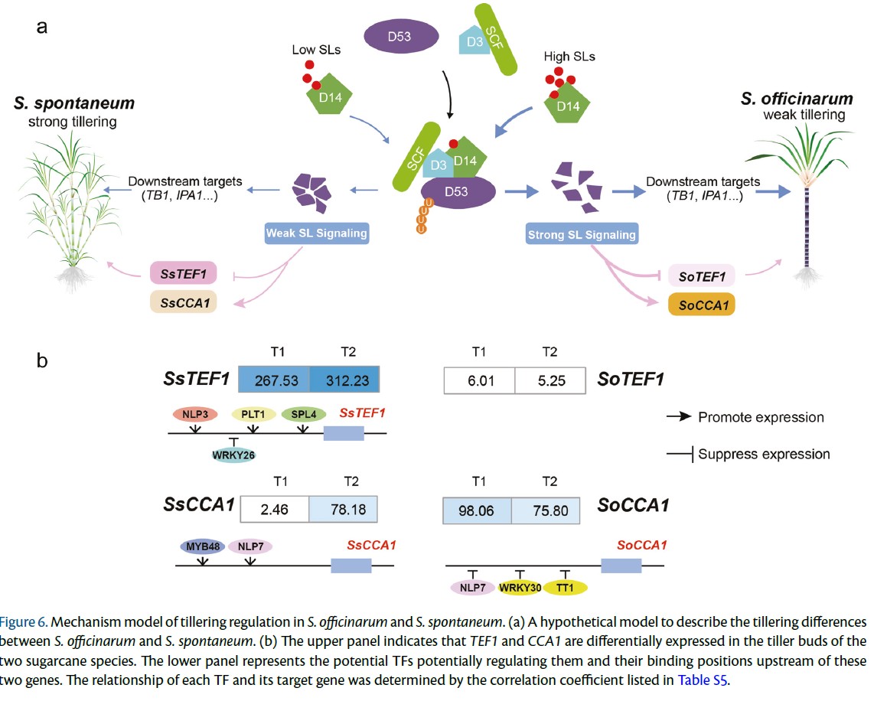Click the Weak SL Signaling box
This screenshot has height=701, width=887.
coord(317,233)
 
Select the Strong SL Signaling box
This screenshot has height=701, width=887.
coord(582,234)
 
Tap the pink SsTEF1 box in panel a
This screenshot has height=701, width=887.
coord(183,273)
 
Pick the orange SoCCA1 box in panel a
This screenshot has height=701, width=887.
coord(702,305)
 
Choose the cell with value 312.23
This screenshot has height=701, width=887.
coord(345,380)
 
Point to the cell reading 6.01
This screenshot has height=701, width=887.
coord(480,380)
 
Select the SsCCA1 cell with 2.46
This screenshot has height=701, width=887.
coord(275,509)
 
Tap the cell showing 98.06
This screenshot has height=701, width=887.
coord(477,510)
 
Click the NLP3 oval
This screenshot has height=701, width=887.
coord(195,414)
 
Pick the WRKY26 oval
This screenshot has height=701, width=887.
coord(233,455)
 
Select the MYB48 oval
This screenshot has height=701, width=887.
coord(203,546)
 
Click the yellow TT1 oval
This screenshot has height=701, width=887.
coord(565,587)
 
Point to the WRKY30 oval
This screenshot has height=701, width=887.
coord(520,587)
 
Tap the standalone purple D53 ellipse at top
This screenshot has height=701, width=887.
coord(400,36)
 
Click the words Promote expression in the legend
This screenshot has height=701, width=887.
coord(761,417)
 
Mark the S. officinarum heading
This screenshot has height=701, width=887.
coord(797,99)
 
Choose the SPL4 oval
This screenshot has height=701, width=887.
coord(304,414)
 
